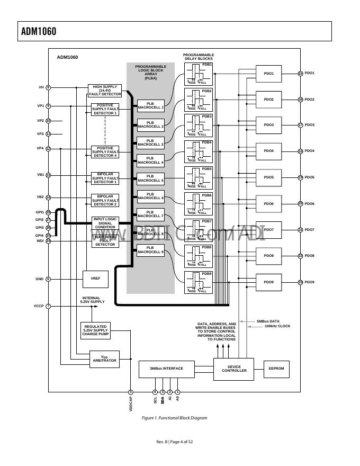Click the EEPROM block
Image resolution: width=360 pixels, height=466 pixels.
click(x=277, y=369)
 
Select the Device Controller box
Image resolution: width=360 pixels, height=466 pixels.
click(x=234, y=369)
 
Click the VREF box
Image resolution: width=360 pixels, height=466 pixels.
click(x=95, y=279)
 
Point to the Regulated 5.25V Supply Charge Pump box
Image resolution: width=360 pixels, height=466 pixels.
click(x=95, y=330)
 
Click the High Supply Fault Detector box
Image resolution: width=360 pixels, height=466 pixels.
click(x=105, y=91)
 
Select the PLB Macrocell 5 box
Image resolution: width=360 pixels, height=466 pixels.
click(x=150, y=178)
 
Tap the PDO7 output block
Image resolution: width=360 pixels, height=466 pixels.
click(x=268, y=230)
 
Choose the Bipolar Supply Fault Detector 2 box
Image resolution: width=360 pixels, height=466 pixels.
click(x=105, y=200)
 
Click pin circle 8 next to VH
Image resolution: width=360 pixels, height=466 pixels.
click(x=48, y=87)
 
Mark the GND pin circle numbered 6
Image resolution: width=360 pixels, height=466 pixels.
click(x=48, y=279)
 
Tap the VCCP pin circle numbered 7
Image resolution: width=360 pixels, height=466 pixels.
click(x=48, y=306)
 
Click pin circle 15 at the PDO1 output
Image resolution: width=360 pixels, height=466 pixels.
click(x=300, y=74)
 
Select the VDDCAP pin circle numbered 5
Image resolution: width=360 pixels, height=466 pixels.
click(x=130, y=392)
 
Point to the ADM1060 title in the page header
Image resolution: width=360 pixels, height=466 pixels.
click(x=39, y=31)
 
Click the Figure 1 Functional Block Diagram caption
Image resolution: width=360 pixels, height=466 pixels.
click(x=174, y=418)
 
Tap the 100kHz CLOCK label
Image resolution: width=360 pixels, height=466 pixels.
click(x=277, y=326)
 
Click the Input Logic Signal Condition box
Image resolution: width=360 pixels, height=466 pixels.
click(x=105, y=223)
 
